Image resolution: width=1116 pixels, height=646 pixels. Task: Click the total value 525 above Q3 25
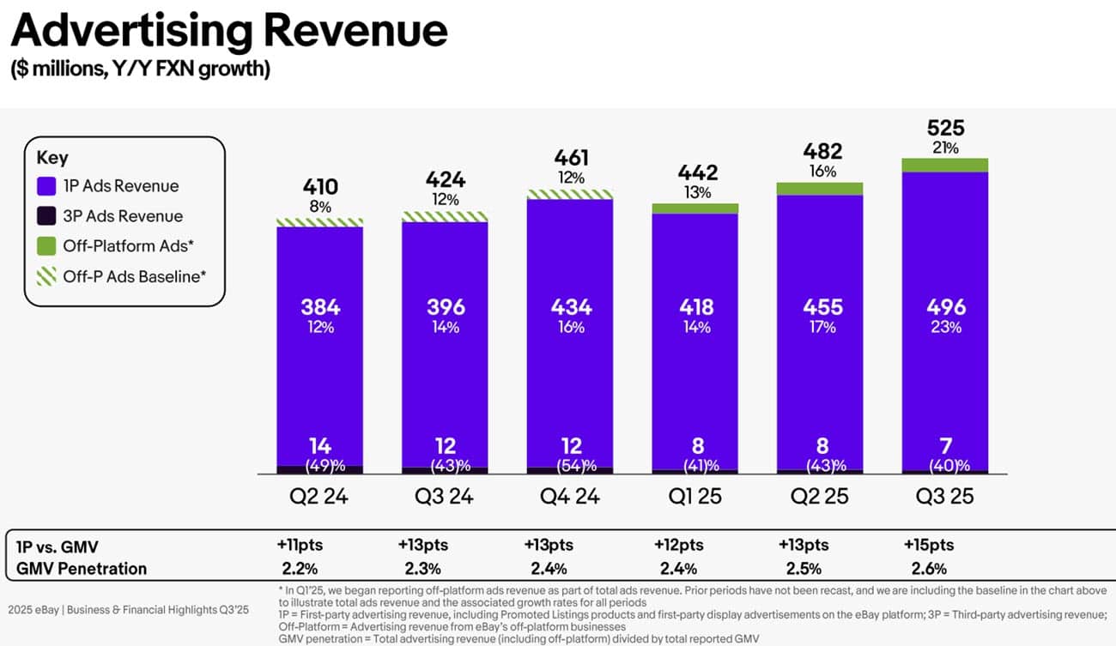(946, 129)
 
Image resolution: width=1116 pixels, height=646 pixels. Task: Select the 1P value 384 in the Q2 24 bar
(320, 306)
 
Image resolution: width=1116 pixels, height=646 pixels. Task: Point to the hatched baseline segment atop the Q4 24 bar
(571, 194)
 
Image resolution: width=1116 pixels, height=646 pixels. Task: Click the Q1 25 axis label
(695, 496)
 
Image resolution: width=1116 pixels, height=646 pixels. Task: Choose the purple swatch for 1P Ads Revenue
(47, 186)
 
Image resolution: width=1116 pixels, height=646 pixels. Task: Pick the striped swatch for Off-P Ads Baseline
(47, 276)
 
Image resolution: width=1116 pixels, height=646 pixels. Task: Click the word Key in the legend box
(52, 158)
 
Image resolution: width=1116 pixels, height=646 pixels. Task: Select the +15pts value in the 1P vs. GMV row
(928, 545)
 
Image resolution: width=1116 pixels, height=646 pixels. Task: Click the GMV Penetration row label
(82, 568)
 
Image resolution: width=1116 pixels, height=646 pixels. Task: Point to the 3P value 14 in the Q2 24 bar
(320, 446)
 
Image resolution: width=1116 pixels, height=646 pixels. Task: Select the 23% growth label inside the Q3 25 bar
(946, 327)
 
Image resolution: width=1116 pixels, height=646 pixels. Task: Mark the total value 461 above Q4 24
(571, 158)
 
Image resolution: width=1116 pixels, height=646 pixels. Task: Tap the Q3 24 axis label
(445, 496)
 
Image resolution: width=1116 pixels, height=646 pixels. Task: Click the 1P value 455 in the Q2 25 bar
(821, 306)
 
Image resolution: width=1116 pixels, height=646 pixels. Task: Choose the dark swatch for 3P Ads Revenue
(47, 216)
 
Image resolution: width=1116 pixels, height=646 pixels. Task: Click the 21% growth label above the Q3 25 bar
(946, 148)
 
